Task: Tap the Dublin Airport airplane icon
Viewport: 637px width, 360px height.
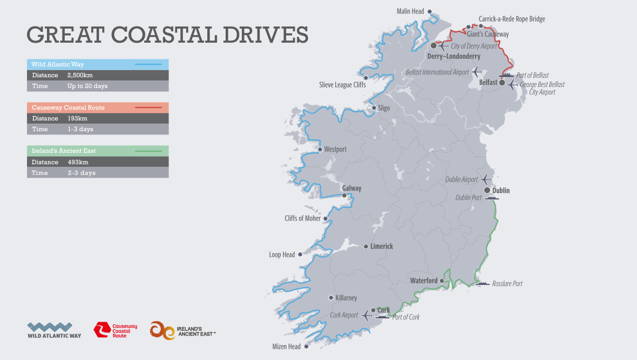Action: click(486, 179)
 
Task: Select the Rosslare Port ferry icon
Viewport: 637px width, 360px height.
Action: click(482, 283)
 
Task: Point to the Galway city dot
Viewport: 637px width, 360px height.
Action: click(344, 195)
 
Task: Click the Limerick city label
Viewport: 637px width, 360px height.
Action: click(382, 246)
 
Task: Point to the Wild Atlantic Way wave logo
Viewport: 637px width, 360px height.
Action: click(50, 327)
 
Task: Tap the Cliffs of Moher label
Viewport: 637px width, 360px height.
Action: click(302, 219)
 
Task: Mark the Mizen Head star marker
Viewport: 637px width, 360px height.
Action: click(306, 347)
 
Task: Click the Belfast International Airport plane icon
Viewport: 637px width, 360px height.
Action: click(476, 71)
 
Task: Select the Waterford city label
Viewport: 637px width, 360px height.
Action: click(424, 281)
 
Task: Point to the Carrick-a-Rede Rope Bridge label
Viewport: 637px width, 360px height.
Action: click(512, 19)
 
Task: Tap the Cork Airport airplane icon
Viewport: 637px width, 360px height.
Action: click(367, 315)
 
